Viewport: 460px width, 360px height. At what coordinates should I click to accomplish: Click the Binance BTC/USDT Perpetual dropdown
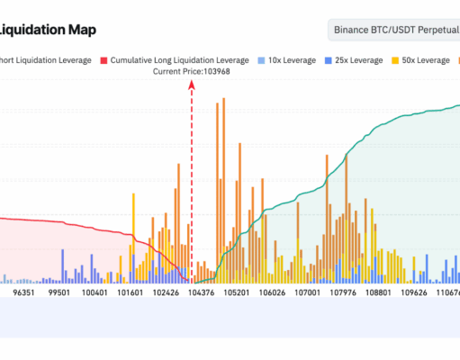(x=394, y=30)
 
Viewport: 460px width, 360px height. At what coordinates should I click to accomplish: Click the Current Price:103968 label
(x=191, y=71)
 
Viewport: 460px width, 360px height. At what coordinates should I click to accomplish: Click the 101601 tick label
(x=131, y=292)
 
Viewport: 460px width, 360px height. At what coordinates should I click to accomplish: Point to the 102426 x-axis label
(x=167, y=292)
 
